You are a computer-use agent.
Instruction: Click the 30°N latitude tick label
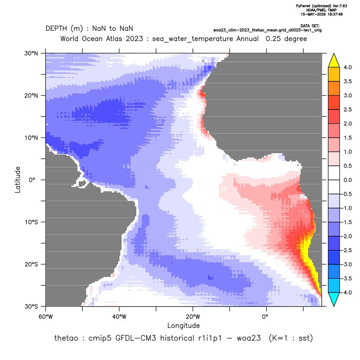[x=31, y=53]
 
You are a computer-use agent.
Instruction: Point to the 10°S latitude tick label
[x=31, y=222]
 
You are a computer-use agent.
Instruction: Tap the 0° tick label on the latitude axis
[x=32, y=180]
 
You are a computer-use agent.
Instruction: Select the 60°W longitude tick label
[x=46, y=317]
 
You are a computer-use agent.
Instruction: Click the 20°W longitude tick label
[x=193, y=317]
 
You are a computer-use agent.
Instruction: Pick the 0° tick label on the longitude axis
[x=265, y=317]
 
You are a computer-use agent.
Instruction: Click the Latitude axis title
[x=18, y=180]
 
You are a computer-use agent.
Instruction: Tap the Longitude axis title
[x=183, y=325]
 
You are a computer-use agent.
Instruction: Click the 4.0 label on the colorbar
[x=347, y=67]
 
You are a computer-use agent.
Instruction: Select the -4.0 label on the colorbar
[x=347, y=292]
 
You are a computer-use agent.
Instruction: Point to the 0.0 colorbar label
[x=347, y=180]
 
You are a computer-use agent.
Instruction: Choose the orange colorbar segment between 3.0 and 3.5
[x=334, y=88]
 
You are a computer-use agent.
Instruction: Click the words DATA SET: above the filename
[x=310, y=26]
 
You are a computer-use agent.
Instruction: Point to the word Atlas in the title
[x=114, y=39]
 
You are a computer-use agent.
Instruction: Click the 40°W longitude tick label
[x=119, y=317]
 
